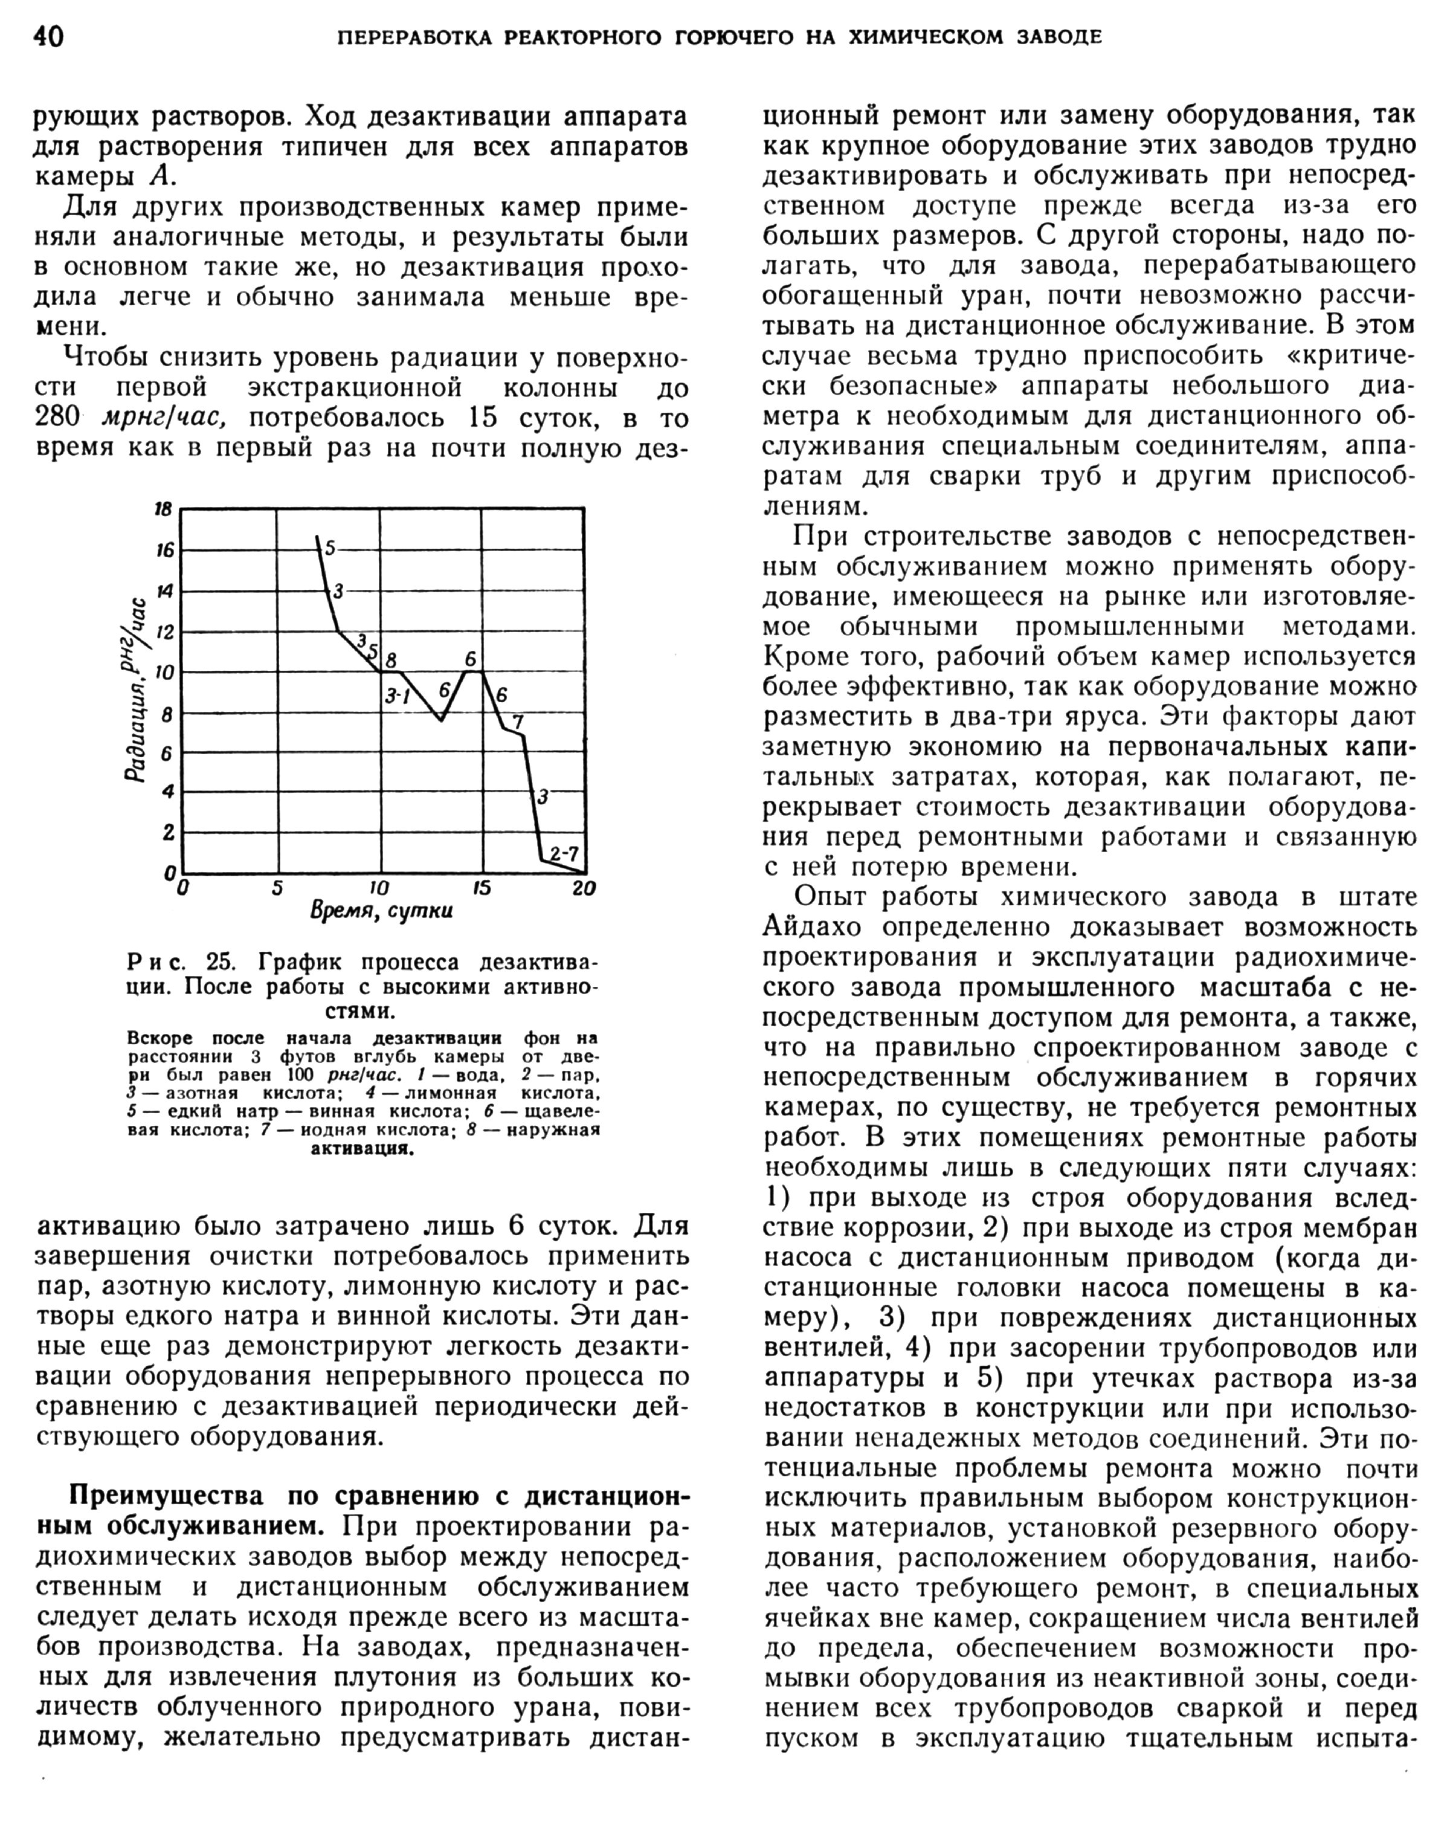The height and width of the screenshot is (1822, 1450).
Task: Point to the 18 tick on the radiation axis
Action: [x=163, y=509]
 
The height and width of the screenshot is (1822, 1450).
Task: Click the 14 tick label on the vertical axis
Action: [x=163, y=590]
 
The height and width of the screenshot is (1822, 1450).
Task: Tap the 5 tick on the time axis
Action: [x=276, y=888]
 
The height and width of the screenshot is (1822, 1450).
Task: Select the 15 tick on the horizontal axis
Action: [x=481, y=888]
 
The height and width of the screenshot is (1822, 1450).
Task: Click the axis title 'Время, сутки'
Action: [x=381, y=911]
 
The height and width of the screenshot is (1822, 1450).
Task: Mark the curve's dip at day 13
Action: [x=440, y=720]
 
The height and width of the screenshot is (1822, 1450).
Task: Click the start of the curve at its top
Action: [x=317, y=536]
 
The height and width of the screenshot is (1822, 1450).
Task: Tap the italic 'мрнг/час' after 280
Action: [x=163, y=419]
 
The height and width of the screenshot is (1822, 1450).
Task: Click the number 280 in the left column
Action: [x=57, y=419]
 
